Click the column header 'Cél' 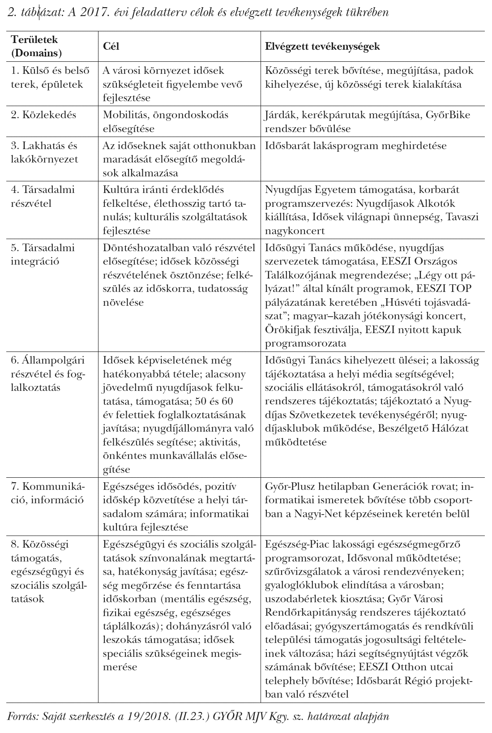tap(111, 46)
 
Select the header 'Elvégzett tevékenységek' tap(323, 46)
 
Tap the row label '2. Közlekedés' tap(43, 115)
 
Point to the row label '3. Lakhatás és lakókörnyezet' tap(44, 152)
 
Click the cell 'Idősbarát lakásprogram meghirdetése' tap(355, 146)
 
